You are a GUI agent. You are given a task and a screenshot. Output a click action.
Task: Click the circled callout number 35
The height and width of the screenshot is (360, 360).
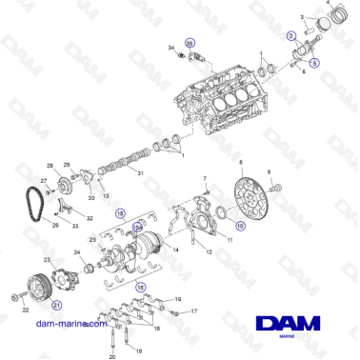[189, 44]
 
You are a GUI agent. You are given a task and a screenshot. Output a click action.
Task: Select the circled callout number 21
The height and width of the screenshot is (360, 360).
[56, 306]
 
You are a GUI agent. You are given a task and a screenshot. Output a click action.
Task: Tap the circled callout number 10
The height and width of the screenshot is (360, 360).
[240, 227]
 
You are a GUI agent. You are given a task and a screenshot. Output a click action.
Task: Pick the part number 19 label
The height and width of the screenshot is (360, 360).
[135, 325]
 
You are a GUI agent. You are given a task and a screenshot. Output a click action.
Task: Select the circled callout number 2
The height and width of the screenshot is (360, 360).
[291, 35]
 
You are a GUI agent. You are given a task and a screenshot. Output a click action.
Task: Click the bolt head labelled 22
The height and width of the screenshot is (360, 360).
[13, 299]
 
